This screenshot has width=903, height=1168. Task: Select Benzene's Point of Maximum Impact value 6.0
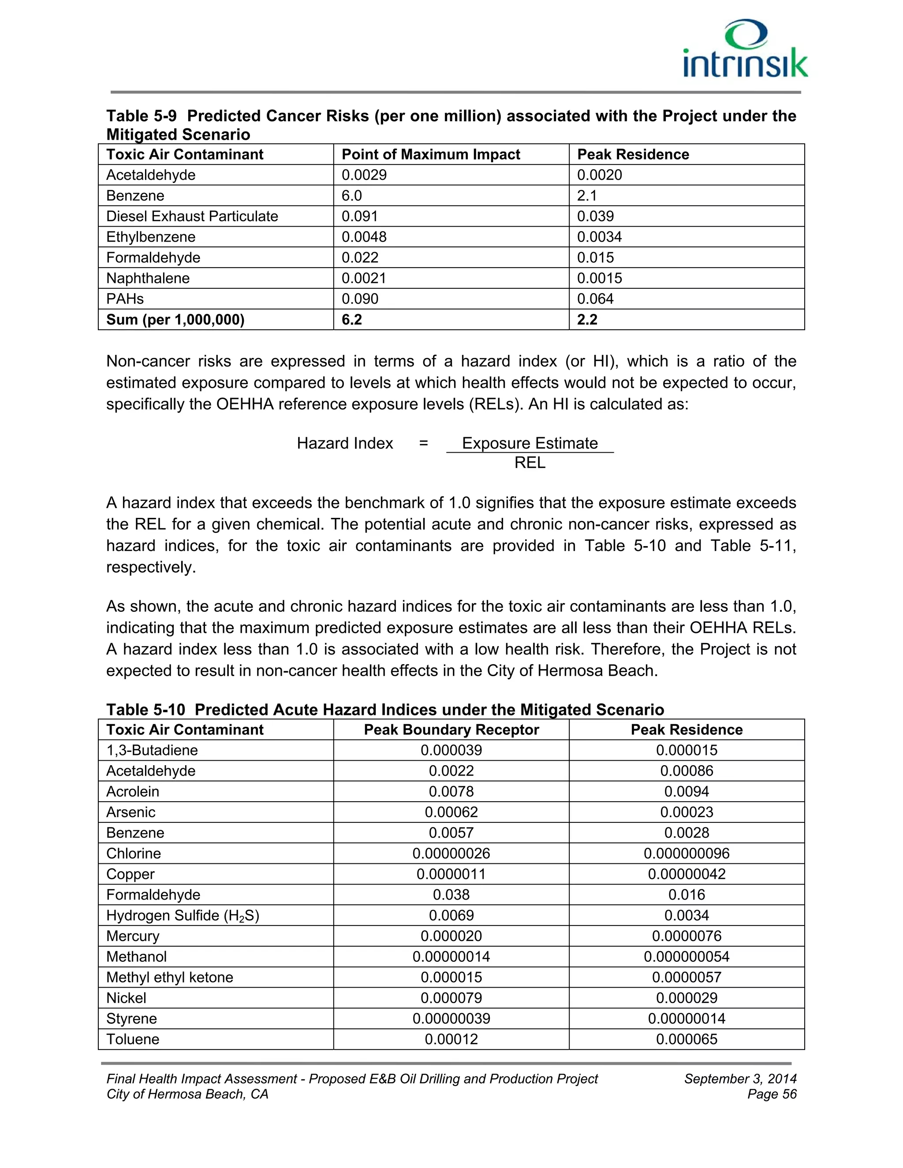(351, 196)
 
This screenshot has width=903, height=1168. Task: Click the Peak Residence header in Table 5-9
(633, 155)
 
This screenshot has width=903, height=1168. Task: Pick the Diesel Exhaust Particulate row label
(192, 216)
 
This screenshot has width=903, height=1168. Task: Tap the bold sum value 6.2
(351, 320)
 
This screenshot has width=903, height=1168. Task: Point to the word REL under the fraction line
(530, 463)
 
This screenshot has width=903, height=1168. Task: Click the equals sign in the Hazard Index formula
(423, 443)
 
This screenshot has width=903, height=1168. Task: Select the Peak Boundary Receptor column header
(451, 730)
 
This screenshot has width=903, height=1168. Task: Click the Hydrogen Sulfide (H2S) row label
(183, 915)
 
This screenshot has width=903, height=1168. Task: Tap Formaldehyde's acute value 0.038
(451, 895)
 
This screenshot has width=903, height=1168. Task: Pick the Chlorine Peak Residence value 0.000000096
(687, 854)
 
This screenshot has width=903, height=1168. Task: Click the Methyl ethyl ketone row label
(170, 978)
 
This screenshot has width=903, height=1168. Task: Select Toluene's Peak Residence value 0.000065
(687, 1040)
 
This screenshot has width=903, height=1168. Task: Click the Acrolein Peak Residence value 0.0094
(687, 792)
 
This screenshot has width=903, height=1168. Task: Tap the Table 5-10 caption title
(384, 710)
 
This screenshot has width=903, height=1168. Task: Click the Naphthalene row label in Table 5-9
(148, 278)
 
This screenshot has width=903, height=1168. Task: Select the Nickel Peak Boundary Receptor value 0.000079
(451, 998)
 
